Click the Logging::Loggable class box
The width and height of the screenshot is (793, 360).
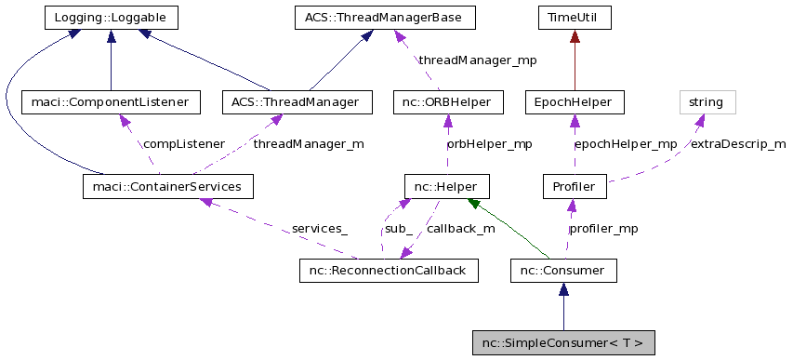point(111,17)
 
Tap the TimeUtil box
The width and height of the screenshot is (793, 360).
point(575,17)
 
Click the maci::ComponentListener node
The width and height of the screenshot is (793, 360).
point(111,101)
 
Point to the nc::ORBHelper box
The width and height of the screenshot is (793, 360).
point(448,101)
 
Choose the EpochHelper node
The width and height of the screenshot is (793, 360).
point(575,101)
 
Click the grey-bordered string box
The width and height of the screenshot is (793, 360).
point(707,101)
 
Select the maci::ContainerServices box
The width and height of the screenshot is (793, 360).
point(167,187)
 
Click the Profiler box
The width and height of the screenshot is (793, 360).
point(575,187)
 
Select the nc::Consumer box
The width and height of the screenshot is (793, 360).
point(563,271)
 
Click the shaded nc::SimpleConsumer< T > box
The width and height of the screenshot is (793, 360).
point(562,342)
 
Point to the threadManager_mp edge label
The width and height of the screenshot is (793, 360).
point(478,60)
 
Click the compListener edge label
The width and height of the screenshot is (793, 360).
point(183,144)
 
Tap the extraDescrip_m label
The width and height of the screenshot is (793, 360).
point(737,144)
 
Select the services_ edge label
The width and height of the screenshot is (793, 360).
point(319,229)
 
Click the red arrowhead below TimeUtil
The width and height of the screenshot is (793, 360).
point(575,35)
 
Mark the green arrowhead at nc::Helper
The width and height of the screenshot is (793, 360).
point(475,203)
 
